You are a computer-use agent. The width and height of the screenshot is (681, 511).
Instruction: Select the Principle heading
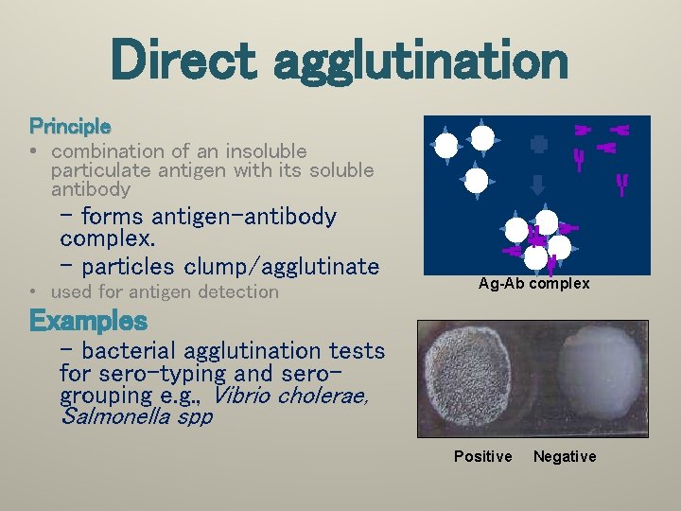70,125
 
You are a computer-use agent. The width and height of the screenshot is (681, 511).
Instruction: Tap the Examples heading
89,321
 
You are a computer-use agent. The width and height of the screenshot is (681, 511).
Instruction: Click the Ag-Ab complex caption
533,284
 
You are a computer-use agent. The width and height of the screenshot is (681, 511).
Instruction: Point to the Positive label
482,457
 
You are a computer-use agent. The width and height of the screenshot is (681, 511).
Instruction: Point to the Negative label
565,457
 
